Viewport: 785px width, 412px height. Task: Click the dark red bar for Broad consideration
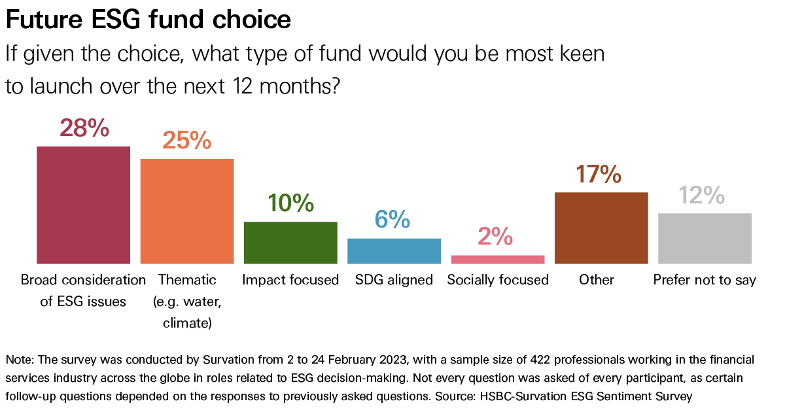click(x=83, y=205)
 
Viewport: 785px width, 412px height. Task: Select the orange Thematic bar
click(x=187, y=211)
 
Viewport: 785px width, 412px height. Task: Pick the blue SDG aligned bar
click(x=394, y=250)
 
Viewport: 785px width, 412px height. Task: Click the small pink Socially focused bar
click(x=498, y=259)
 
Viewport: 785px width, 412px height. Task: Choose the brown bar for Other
click(x=601, y=228)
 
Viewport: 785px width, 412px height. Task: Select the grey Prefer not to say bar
click(x=705, y=238)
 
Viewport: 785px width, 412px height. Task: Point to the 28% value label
click(x=84, y=128)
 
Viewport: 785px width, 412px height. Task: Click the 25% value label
click(x=187, y=141)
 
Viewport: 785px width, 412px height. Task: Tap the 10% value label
click(x=290, y=203)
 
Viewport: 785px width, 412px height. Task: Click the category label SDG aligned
click(x=394, y=280)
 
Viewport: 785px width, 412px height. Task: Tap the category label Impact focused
click(x=290, y=280)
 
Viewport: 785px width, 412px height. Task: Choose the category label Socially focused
click(x=498, y=280)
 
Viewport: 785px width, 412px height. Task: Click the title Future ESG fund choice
click(x=148, y=20)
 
